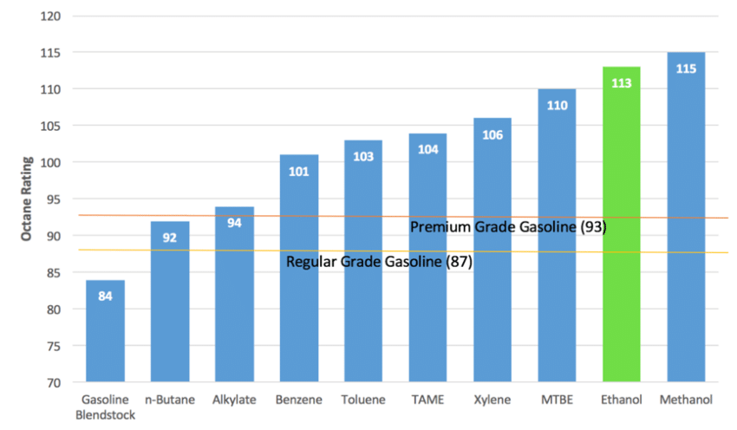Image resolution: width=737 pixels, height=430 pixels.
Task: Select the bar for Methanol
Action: point(686,217)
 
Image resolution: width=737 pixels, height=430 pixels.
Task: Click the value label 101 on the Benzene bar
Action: point(299,172)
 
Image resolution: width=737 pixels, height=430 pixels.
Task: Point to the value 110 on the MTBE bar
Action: point(557,105)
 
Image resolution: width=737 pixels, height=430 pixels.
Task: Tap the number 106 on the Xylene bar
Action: point(492,135)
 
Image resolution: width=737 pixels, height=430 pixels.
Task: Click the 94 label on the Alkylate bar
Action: point(234,224)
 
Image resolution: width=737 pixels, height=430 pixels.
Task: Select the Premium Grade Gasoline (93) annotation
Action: point(507,227)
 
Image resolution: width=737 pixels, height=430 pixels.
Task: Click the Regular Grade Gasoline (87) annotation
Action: point(379,262)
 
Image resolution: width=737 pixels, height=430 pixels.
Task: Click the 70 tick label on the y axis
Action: point(53,382)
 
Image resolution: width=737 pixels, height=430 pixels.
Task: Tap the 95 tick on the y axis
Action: point(53,199)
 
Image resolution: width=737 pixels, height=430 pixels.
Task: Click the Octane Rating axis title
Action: point(25,199)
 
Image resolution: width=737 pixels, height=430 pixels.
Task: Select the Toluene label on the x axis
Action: point(363,400)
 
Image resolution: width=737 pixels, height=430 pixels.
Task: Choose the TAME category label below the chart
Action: point(427,400)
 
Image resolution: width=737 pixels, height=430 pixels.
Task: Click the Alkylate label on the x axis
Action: point(234,400)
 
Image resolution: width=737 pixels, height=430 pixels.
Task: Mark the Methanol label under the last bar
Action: point(686,400)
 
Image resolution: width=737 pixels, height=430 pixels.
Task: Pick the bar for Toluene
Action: point(363,260)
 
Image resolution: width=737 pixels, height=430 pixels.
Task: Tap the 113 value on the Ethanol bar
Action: point(621,83)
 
